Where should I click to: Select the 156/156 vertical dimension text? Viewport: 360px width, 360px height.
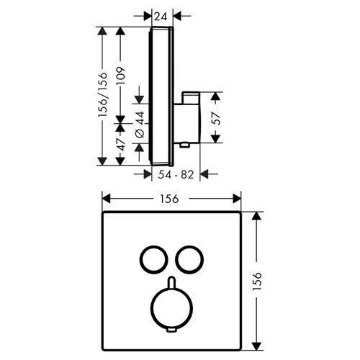(102, 95)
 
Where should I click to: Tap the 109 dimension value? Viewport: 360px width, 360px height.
(120, 76)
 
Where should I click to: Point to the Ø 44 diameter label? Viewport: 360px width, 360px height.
(140, 125)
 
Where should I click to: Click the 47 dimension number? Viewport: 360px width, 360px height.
(120, 144)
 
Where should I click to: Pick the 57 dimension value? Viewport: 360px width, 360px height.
(216, 118)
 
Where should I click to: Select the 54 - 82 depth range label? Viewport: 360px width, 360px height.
(176, 175)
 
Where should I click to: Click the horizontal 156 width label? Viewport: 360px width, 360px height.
(170, 199)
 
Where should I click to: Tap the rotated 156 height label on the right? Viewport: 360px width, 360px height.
(256, 281)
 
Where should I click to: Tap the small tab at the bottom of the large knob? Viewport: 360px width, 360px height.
(171, 330)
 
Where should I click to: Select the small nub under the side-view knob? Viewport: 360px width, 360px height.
(184, 145)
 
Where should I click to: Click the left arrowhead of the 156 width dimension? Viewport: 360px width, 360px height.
(107, 199)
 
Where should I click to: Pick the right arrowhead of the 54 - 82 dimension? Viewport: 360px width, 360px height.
(204, 174)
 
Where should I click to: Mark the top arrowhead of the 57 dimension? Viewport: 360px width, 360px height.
(215, 96)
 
